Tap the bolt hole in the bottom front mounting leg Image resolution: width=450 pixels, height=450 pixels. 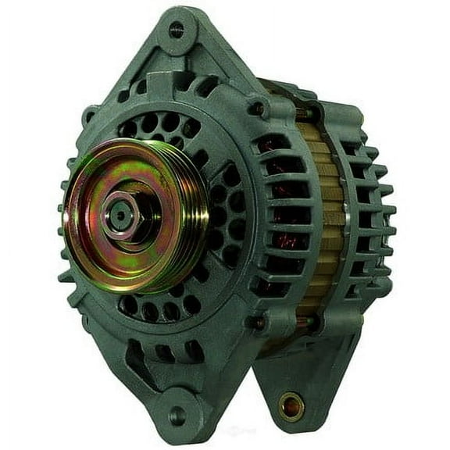(178, 415)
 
